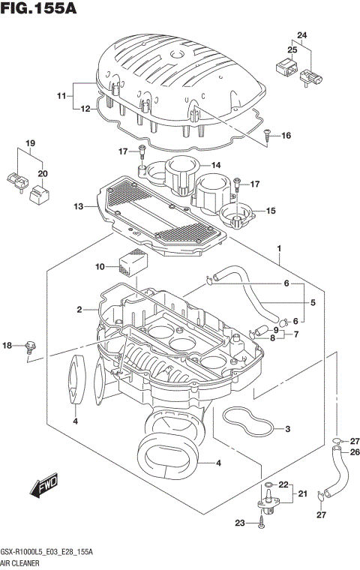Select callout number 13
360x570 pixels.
[79, 206]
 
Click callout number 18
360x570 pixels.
[7, 345]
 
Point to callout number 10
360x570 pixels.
[100, 266]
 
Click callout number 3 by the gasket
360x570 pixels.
[287, 429]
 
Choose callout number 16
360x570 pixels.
[286, 136]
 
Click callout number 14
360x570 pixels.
[215, 166]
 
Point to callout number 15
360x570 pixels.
[270, 211]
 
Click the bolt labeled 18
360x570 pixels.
[30, 346]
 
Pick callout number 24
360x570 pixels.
[301, 35]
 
